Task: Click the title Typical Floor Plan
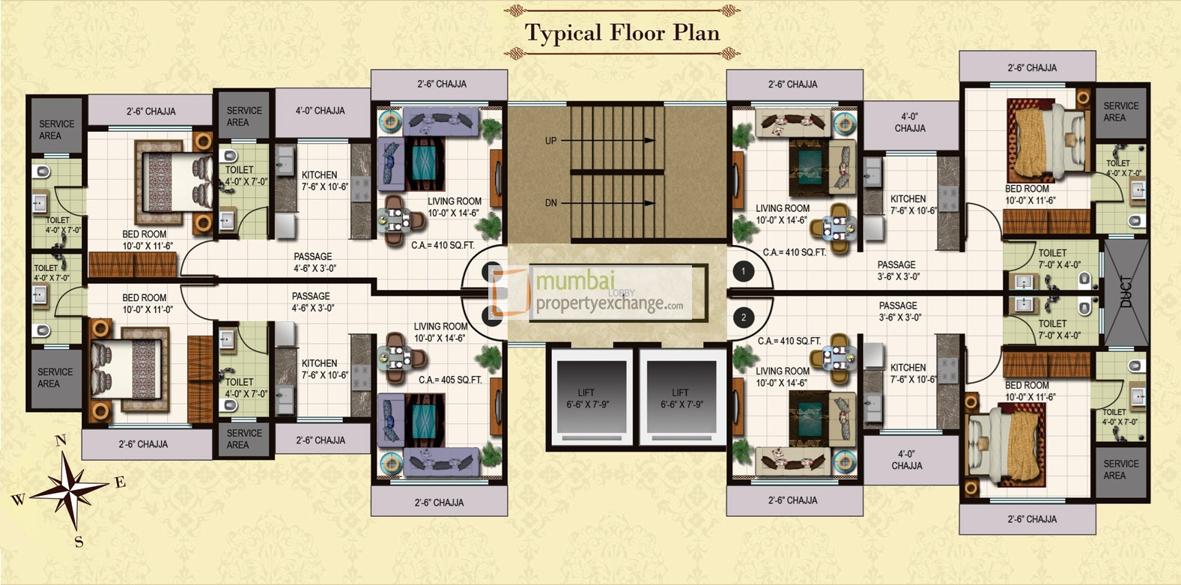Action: [x=622, y=33]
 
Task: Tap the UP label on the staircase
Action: [x=550, y=141]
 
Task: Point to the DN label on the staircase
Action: [x=550, y=203]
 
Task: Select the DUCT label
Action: [x=1126, y=292]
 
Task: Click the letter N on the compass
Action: [x=61, y=440]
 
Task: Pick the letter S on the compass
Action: [x=79, y=542]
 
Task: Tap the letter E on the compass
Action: [x=120, y=482]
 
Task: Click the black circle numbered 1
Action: [x=743, y=271]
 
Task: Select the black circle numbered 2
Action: [x=743, y=318]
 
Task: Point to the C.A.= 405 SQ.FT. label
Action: [x=450, y=380]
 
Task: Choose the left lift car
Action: [x=588, y=398]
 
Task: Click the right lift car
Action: [x=681, y=398]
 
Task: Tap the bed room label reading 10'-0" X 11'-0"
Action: [x=148, y=303]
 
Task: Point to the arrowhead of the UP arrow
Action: [x=650, y=140]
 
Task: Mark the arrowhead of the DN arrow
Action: [x=650, y=203]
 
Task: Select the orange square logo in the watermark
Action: [x=510, y=292]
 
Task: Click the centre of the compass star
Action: [x=70, y=491]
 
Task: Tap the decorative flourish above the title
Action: [x=622, y=10]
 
